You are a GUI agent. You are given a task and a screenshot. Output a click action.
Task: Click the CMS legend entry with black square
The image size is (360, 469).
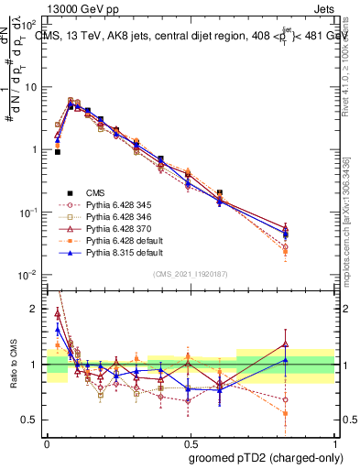tap(96, 192)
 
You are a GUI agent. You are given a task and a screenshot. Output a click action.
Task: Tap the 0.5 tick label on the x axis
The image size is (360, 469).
tap(189, 440)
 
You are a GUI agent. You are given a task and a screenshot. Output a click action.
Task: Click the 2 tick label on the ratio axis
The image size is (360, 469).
tap(34, 309)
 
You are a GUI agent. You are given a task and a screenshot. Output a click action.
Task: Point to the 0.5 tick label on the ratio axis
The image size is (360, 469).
tap(30, 420)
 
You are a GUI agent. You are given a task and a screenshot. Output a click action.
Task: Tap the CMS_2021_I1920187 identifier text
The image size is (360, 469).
tap(190, 273)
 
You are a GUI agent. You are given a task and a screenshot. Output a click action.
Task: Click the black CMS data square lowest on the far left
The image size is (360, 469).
tap(58, 152)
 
